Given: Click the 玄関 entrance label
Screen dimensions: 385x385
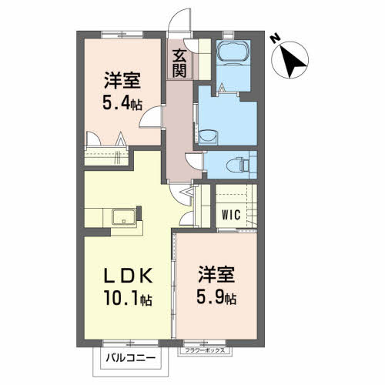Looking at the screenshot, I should coord(179,62).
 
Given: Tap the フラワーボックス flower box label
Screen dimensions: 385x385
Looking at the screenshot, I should coord(203,351).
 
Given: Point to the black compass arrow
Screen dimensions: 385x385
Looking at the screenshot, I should coord(293,62).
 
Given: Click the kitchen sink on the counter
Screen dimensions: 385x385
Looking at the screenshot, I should coord(122,216).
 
